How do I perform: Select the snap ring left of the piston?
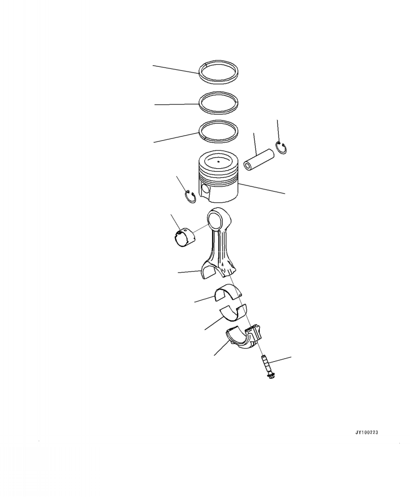[190, 198]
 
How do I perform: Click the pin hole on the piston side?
[205, 190]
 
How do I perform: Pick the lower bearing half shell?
[232, 312]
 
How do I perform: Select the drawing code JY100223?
[367, 433]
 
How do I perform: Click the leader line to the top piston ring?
[175, 69]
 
